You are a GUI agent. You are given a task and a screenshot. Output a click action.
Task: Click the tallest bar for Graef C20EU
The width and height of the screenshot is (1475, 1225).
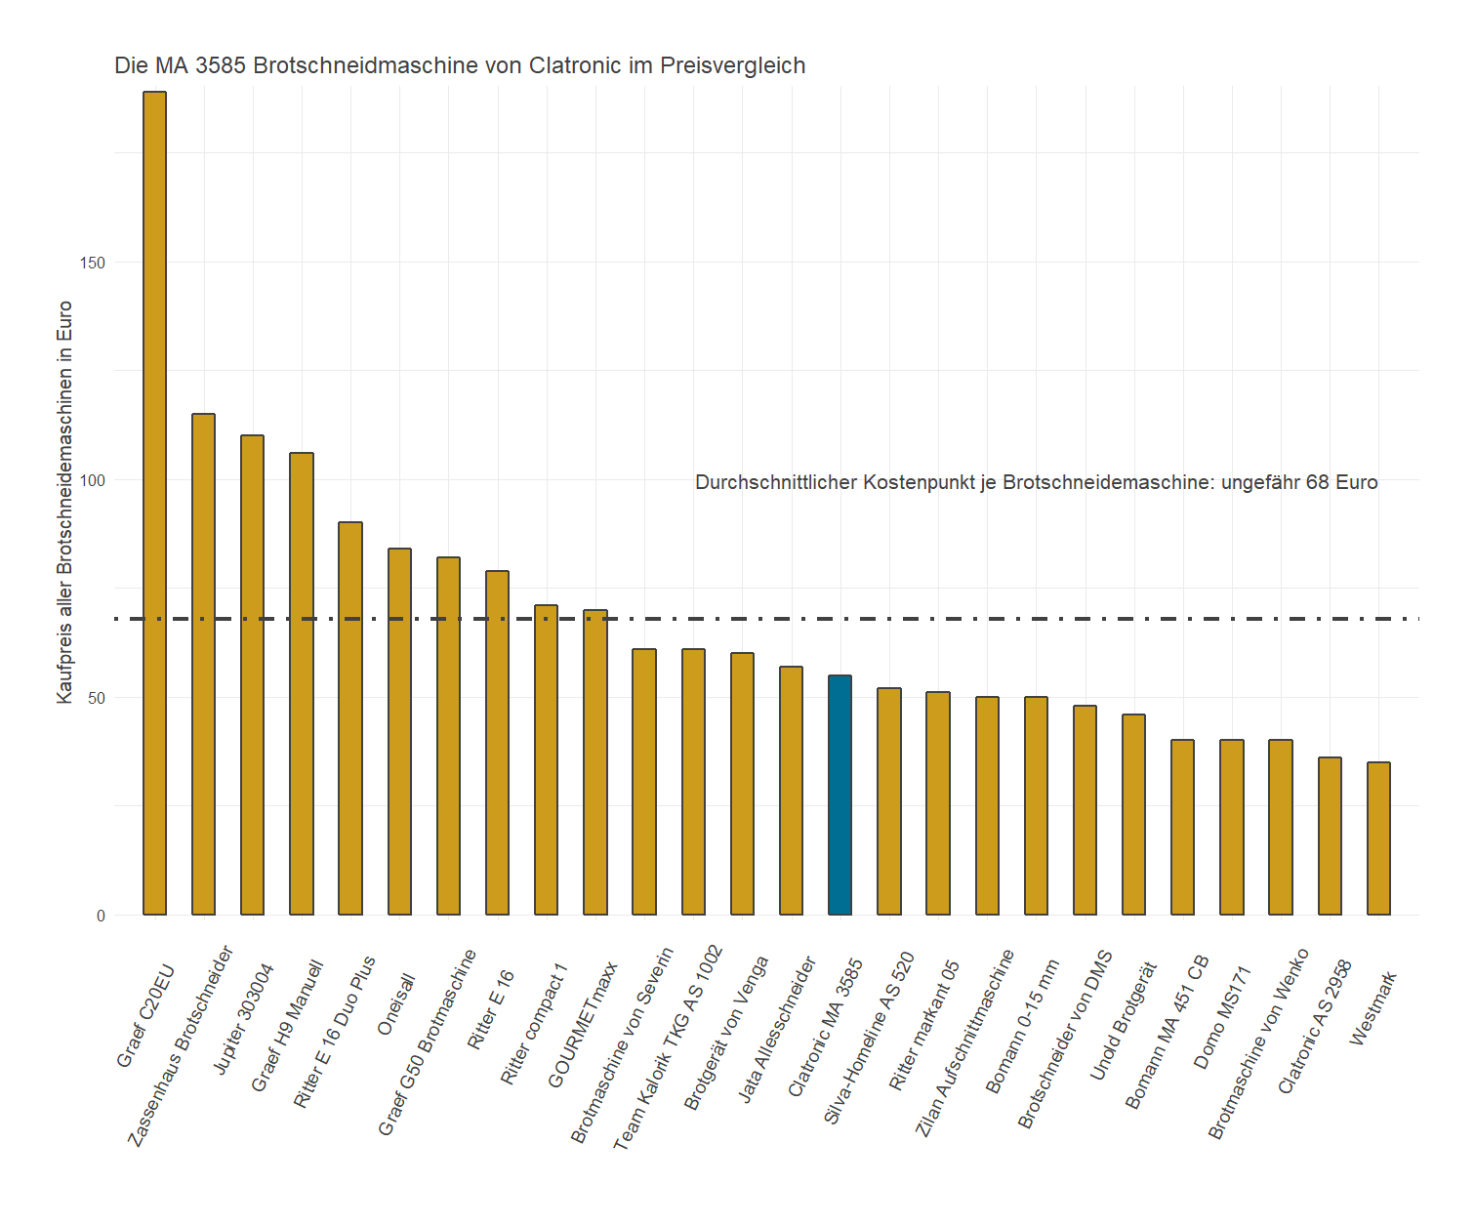coord(154,503)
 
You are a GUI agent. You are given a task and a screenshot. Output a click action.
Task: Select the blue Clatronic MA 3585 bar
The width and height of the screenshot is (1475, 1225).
coord(840,795)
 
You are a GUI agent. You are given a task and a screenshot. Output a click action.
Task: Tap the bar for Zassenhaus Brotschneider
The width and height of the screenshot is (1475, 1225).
coord(203,664)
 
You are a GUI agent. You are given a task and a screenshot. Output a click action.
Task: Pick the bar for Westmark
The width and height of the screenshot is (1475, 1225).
coord(1378,838)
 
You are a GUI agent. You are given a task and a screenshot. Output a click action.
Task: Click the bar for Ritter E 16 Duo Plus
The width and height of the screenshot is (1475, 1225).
coord(350,718)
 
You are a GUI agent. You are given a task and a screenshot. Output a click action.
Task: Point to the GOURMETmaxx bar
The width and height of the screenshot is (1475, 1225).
coord(595,762)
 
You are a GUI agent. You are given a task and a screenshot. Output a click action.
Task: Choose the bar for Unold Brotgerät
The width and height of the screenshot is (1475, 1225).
coord(1133,815)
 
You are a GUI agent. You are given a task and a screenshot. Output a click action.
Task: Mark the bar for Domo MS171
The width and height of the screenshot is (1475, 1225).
coord(1232,828)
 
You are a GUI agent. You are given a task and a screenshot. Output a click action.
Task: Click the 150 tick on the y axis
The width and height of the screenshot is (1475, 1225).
coord(94,263)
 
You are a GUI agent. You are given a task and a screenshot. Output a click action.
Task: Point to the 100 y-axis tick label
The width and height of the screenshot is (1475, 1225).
coord(94,480)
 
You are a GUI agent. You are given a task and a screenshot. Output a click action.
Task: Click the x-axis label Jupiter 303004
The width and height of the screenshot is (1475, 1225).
coord(244,1019)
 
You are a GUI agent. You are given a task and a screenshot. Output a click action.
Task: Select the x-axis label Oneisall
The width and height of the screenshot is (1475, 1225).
coord(397,1004)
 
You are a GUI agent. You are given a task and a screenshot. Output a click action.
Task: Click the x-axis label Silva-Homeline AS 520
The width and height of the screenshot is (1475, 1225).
coord(870,1038)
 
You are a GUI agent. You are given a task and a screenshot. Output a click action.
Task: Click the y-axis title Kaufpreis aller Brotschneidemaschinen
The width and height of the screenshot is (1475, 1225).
coord(65,502)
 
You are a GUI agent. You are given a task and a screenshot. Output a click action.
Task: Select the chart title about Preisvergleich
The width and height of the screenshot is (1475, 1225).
coord(460,65)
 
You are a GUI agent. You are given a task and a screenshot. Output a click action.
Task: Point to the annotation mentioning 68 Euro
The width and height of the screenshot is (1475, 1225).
coord(1036,482)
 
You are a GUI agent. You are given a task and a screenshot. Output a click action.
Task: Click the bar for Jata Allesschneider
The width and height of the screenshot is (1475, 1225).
coord(791,791)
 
